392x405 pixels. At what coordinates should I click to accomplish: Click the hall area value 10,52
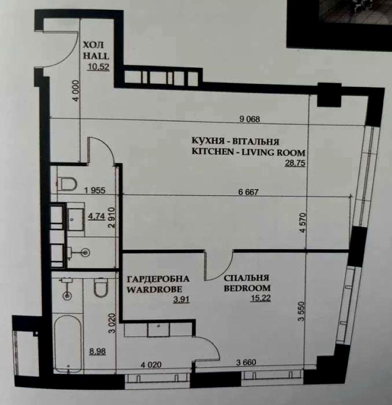[98, 67]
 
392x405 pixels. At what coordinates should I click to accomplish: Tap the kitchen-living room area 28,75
[295, 163]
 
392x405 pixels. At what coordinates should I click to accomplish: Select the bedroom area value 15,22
[261, 298]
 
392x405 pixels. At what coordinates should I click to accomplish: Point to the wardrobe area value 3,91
[182, 300]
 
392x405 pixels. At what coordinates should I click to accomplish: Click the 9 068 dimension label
[250, 119]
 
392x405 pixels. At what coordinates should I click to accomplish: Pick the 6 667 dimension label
[248, 192]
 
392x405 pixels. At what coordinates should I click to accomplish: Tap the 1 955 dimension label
[95, 190]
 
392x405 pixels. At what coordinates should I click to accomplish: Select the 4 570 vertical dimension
[303, 223]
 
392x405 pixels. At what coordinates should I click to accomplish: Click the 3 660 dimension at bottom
[246, 362]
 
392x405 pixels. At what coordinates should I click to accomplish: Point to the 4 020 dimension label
[151, 365]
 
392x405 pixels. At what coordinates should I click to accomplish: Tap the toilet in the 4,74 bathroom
[67, 184]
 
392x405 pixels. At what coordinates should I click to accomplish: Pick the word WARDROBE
[154, 289]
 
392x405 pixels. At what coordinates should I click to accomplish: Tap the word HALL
[96, 56]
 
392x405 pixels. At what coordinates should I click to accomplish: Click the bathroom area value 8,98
[98, 351]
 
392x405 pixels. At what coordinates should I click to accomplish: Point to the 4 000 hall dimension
[76, 91]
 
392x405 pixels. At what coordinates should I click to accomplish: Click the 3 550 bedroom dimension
[301, 311]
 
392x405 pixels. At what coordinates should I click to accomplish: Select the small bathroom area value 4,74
[97, 216]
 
